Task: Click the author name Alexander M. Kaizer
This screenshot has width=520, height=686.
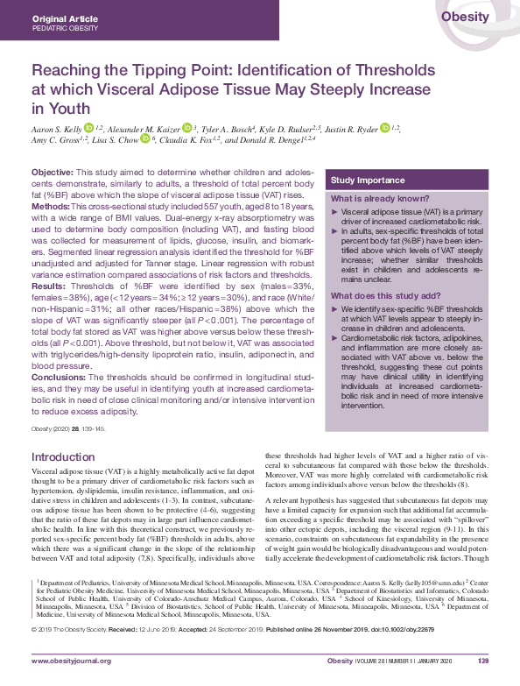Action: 143,128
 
